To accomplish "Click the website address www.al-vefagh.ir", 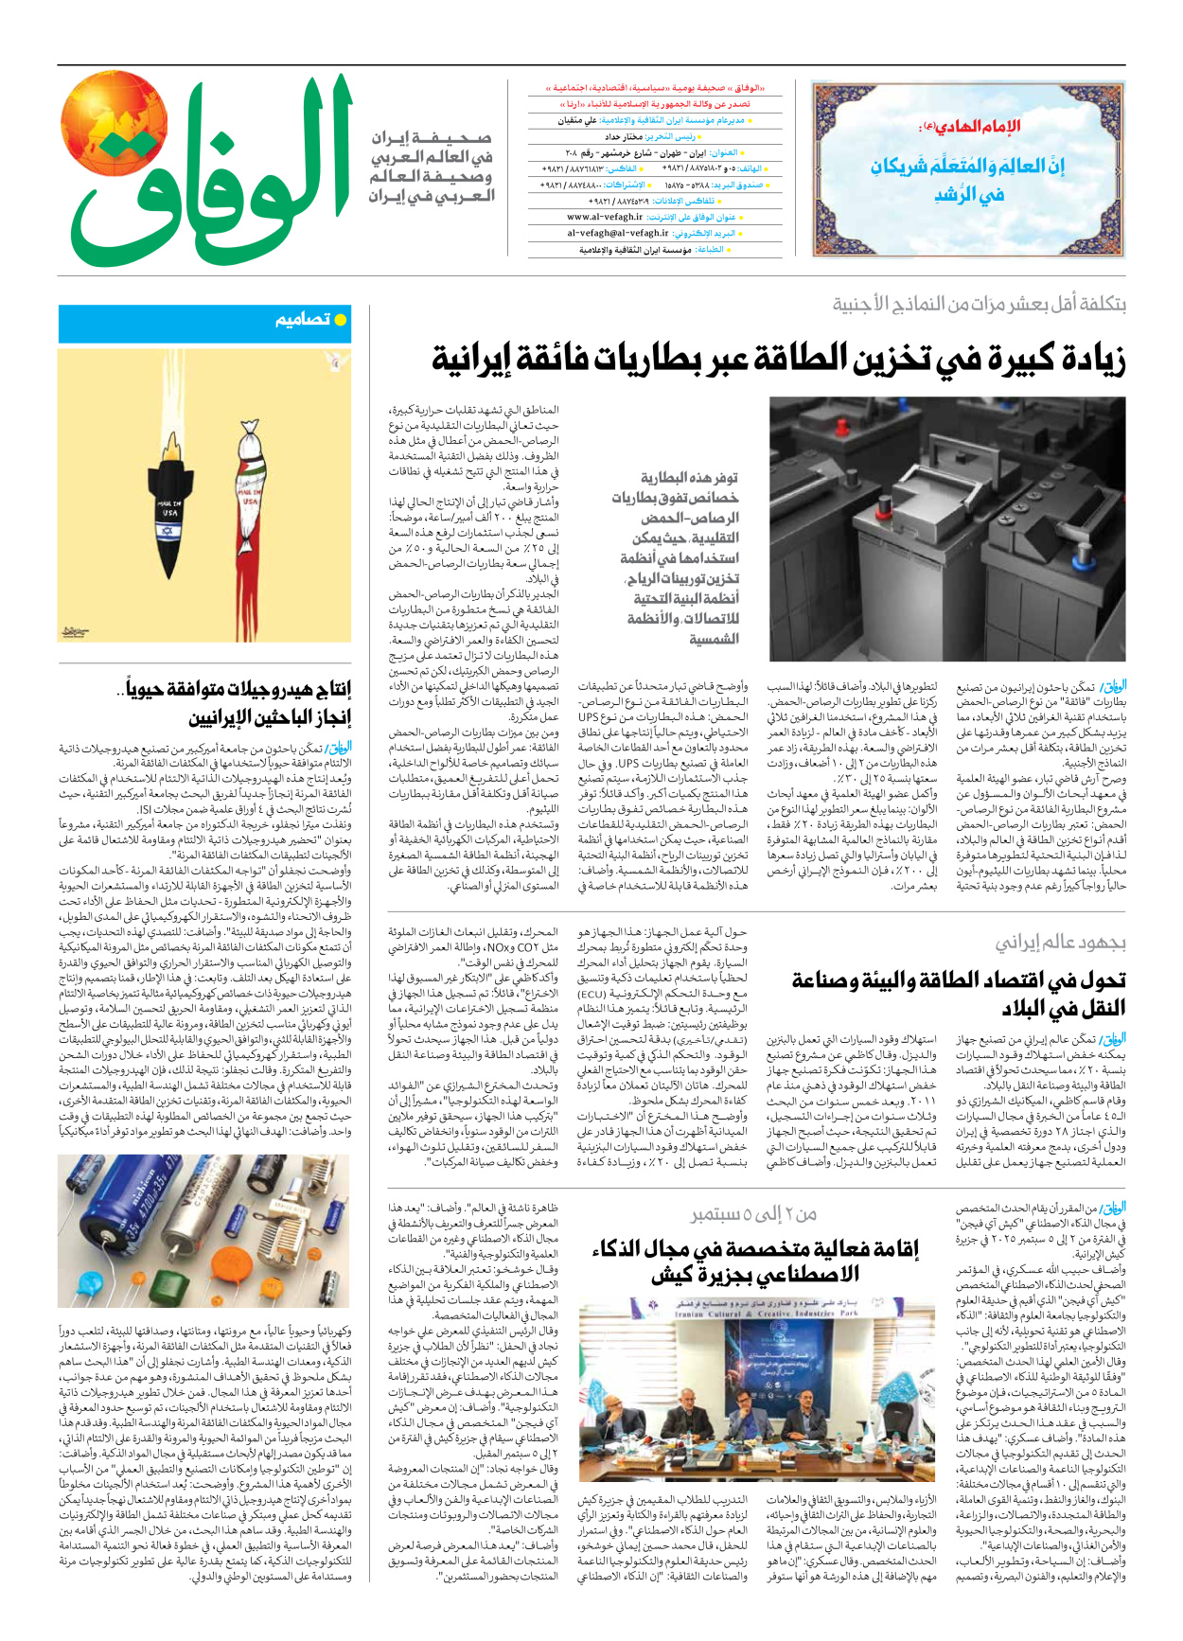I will click(x=605, y=217).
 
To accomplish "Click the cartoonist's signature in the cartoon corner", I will click(x=74, y=631).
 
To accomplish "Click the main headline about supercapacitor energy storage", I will click(x=778, y=360).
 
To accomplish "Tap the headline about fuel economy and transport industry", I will click(x=958, y=993).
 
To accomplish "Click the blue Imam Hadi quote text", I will click(x=967, y=179).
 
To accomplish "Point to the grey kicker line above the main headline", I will click(x=979, y=305).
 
